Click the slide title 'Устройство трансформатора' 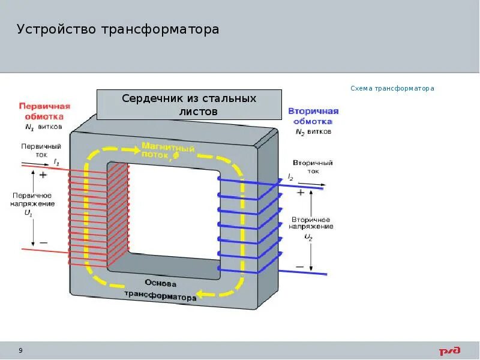(118, 29)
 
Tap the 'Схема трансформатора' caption (392, 88)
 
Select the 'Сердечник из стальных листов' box (189, 105)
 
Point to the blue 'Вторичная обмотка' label (313, 116)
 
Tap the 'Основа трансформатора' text (160, 289)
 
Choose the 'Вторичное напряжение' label (310, 223)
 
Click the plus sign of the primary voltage (43, 176)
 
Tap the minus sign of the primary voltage (43, 242)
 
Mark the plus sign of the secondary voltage (300, 193)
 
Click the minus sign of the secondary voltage (300, 265)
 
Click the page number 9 (21, 350)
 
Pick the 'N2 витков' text (313, 132)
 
